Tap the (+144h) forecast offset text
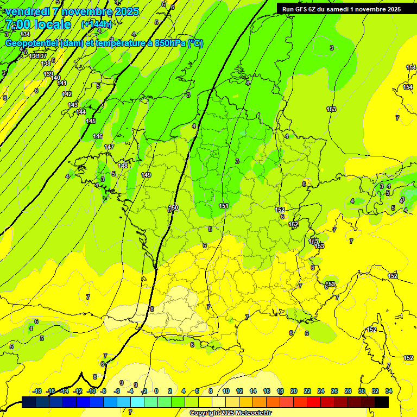click(x=96, y=24)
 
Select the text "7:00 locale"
click(x=38, y=24)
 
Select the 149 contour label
click(x=146, y=175)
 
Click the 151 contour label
click(x=224, y=206)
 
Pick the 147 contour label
click(x=109, y=147)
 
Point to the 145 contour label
click(x=91, y=121)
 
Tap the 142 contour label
click(x=67, y=94)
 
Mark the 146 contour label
click(x=98, y=136)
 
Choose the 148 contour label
click(x=123, y=165)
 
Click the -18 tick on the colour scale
click(x=37, y=391)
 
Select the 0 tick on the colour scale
click(x=156, y=391)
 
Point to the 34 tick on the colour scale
click(x=389, y=391)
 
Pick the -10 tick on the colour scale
click(x=92, y=391)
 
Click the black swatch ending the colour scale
click(x=382, y=402)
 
